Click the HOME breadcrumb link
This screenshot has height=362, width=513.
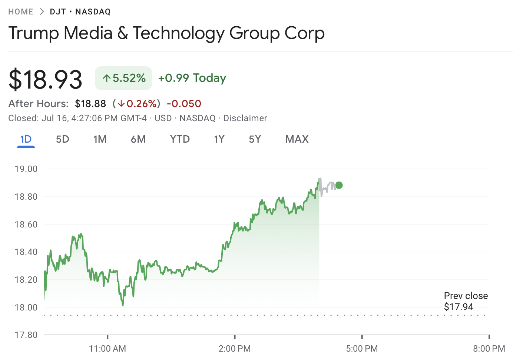click(x=21, y=12)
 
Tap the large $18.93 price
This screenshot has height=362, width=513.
click(x=45, y=79)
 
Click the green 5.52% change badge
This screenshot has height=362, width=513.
click(x=123, y=78)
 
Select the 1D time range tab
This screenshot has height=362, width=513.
click(x=26, y=139)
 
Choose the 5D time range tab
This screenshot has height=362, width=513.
click(x=63, y=139)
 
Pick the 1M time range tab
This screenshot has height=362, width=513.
click(x=100, y=139)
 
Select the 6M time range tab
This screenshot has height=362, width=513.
click(x=138, y=139)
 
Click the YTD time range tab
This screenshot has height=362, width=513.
click(x=180, y=139)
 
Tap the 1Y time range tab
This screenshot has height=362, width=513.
click(x=219, y=139)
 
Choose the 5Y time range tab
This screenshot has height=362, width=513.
click(x=255, y=139)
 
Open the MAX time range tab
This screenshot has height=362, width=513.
click(x=297, y=139)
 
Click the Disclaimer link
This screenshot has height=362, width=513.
click(x=245, y=118)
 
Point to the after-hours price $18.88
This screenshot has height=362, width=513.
click(x=90, y=104)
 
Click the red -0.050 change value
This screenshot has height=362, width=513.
click(x=184, y=104)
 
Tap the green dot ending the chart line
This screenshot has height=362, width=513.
click(x=339, y=185)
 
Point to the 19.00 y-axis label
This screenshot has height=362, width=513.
click(x=26, y=169)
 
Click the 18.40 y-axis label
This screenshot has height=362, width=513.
click(x=26, y=252)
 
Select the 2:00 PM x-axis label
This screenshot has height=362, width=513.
click(x=235, y=349)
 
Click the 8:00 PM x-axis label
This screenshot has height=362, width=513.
click(x=489, y=349)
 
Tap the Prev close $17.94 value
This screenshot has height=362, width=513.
click(x=459, y=307)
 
